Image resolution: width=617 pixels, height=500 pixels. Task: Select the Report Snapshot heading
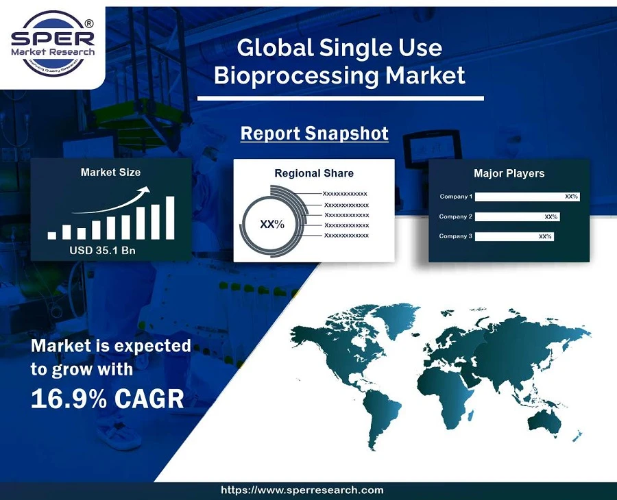pos(314,133)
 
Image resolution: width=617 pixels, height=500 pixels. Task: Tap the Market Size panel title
pos(110,172)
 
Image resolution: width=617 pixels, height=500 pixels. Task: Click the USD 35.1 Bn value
pos(103,251)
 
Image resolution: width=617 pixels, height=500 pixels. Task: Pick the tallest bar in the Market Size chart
pos(170,218)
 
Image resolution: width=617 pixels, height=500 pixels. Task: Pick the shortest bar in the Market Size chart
pos(52,235)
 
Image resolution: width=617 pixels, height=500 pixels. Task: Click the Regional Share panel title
pos(314,173)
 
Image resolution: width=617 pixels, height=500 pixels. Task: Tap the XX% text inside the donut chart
pos(271,225)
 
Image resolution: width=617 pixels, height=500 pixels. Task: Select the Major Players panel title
pos(509,173)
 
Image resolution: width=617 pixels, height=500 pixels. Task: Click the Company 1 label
pos(456,197)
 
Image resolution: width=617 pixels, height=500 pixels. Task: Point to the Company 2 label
pos(456,216)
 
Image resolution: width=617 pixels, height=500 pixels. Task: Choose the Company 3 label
pos(456,236)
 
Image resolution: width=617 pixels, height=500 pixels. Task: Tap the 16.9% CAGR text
pos(108,399)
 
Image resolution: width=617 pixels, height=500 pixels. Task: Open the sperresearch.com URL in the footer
pos(302,490)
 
